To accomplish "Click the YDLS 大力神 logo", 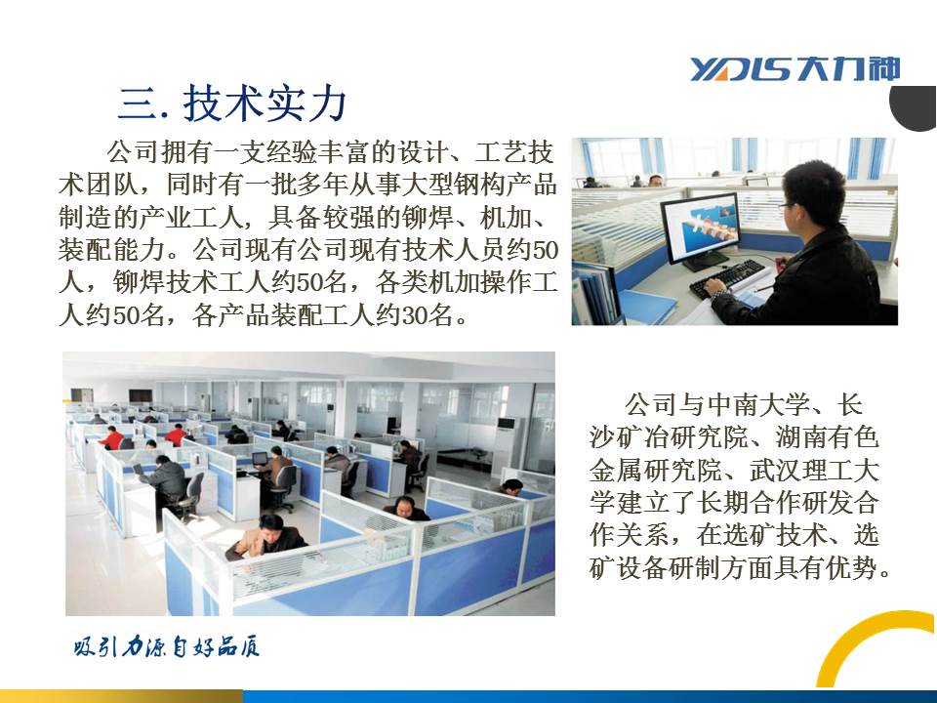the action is pos(794,69).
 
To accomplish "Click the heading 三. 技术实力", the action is pos(232,103).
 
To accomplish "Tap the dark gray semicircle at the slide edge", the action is pos(915,108).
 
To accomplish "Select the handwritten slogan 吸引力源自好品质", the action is pos(167,647).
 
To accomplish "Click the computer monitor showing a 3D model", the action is pos(701,227).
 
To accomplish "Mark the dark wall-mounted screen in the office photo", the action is pos(141,395).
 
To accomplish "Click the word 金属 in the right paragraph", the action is pos(616,470).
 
